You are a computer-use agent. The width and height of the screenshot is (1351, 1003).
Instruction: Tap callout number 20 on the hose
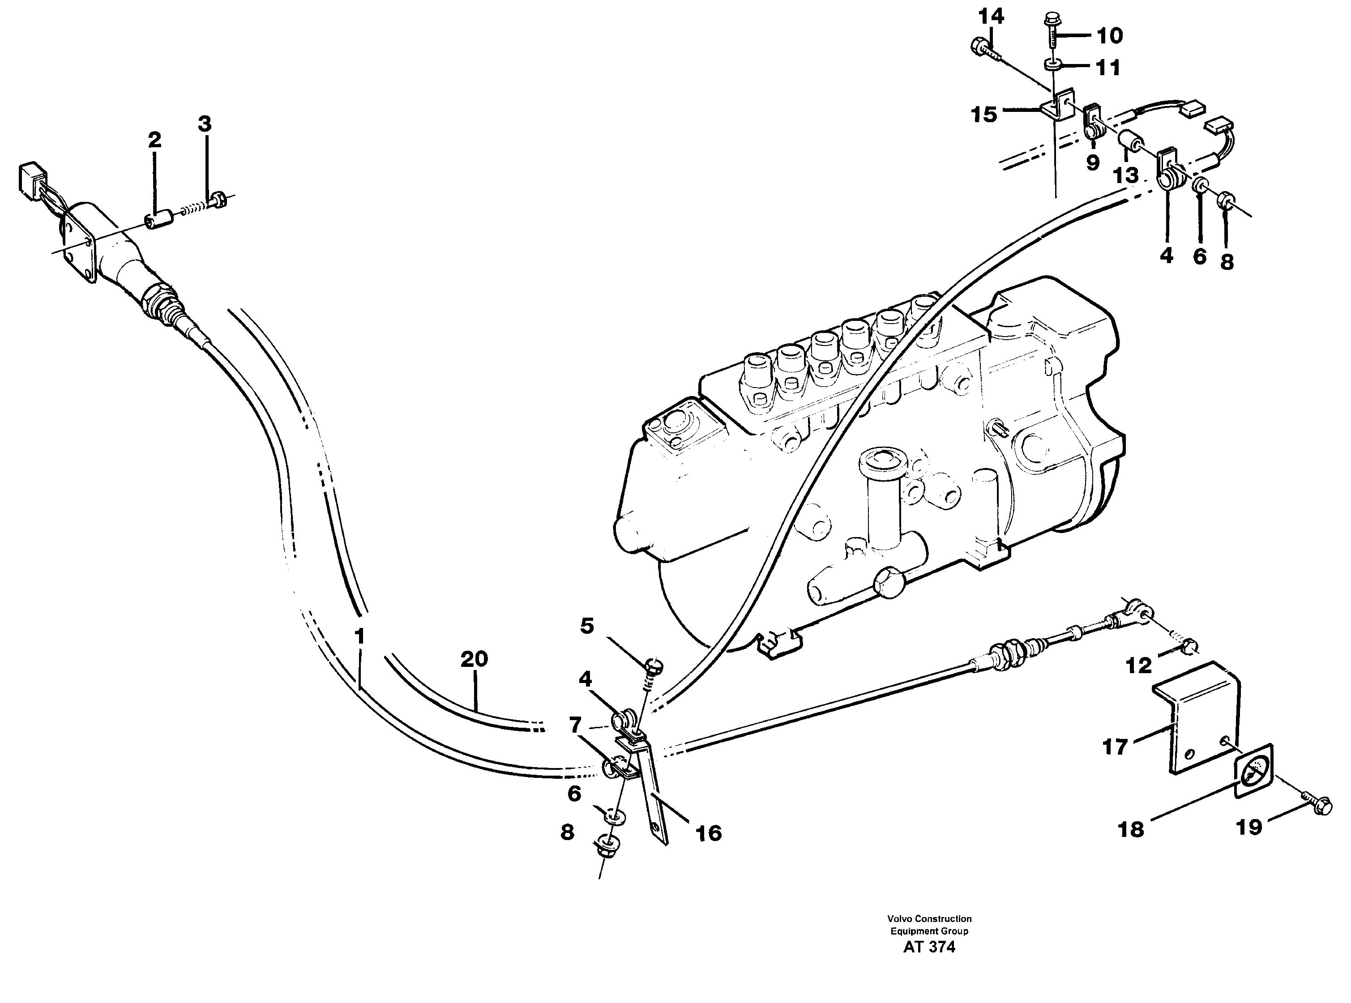click(x=474, y=659)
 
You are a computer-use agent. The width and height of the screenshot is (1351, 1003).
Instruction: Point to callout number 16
click(x=708, y=833)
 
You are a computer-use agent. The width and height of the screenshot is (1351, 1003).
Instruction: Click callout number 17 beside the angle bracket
click(x=1115, y=747)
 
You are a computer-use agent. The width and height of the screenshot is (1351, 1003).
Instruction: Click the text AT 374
click(x=928, y=947)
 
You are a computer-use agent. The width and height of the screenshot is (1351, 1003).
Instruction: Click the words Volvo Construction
click(x=929, y=918)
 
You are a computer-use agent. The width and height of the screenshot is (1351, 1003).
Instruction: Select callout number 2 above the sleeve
click(x=155, y=140)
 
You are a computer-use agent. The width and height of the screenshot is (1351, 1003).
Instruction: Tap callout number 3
click(x=205, y=124)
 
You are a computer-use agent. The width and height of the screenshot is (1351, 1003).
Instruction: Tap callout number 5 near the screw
click(x=586, y=626)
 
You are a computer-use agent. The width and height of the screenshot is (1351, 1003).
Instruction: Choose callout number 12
click(x=1138, y=666)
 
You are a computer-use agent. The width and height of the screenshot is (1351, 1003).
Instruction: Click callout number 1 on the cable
click(x=359, y=637)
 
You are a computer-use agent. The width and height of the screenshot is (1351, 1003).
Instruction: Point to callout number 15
click(x=983, y=114)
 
